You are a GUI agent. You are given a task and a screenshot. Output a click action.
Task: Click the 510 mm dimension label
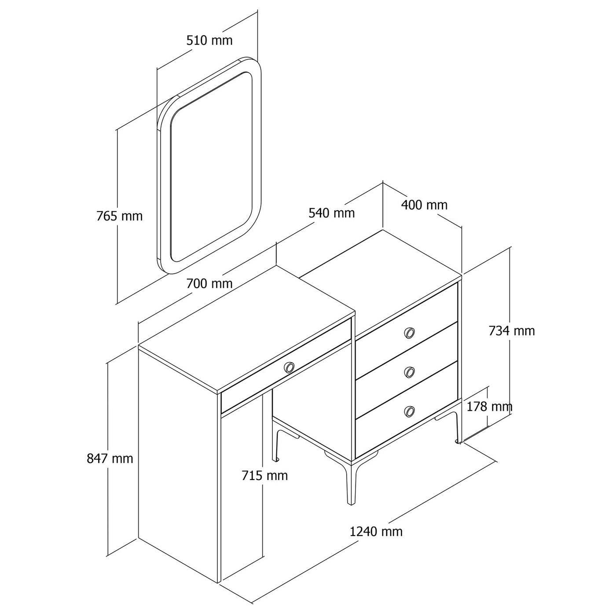(x=209, y=40)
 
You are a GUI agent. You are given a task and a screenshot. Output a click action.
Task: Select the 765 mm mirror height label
(x=119, y=216)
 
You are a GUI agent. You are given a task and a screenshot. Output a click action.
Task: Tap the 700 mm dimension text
(x=209, y=283)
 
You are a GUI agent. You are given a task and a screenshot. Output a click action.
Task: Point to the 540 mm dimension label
(x=331, y=213)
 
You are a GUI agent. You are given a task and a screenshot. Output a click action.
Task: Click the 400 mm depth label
(x=424, y=205)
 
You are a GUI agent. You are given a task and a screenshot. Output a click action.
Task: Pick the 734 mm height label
(x=511, y=330)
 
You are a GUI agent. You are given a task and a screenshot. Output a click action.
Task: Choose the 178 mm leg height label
(x=489, y=407)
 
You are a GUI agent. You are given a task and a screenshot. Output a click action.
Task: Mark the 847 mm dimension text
(x=110, y=459)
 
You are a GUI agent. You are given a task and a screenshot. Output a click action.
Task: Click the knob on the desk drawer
(x=289, y=367)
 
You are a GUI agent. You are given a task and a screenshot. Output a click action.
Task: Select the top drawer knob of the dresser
(x=409, y=333)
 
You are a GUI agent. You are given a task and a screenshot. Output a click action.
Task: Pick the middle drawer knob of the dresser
(x=409, y=372)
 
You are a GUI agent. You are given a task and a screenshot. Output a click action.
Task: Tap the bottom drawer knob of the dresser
(x=409, y=411)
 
